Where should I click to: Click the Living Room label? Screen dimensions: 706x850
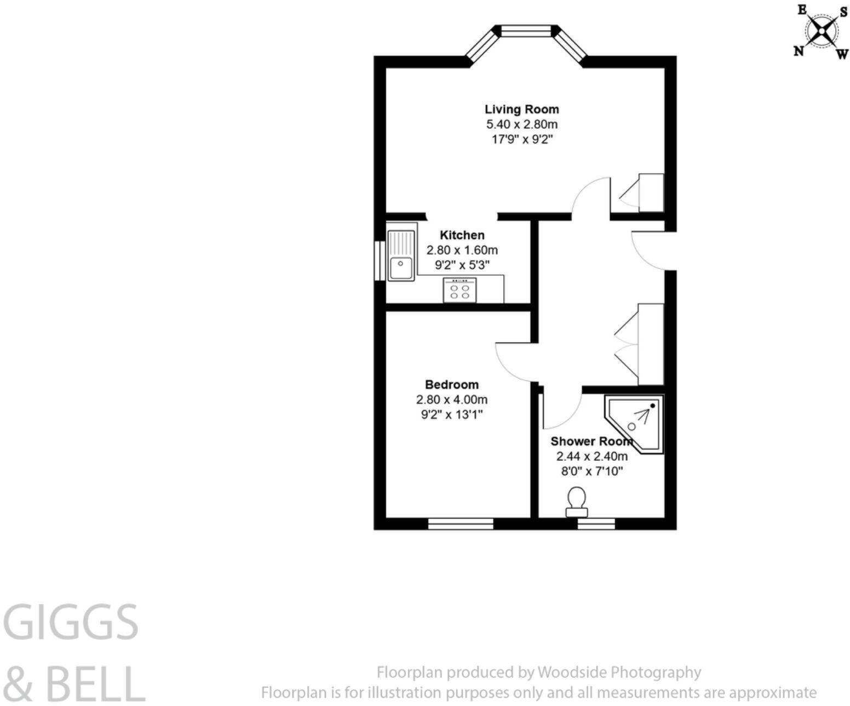521,109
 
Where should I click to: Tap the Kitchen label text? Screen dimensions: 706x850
462,235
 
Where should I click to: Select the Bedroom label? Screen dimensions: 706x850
451,384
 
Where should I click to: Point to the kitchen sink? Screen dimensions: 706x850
401,255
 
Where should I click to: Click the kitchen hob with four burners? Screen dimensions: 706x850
460,290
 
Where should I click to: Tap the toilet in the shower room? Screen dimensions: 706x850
576,502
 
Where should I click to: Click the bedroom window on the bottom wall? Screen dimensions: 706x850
461,524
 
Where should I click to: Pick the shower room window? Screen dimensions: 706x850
596,524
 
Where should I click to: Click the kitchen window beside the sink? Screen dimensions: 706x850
380,260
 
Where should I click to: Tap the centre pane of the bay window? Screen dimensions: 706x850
526,32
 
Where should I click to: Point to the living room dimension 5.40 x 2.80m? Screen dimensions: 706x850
521,124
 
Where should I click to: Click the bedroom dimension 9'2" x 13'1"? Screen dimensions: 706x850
451,414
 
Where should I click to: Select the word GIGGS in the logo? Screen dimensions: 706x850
71,623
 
